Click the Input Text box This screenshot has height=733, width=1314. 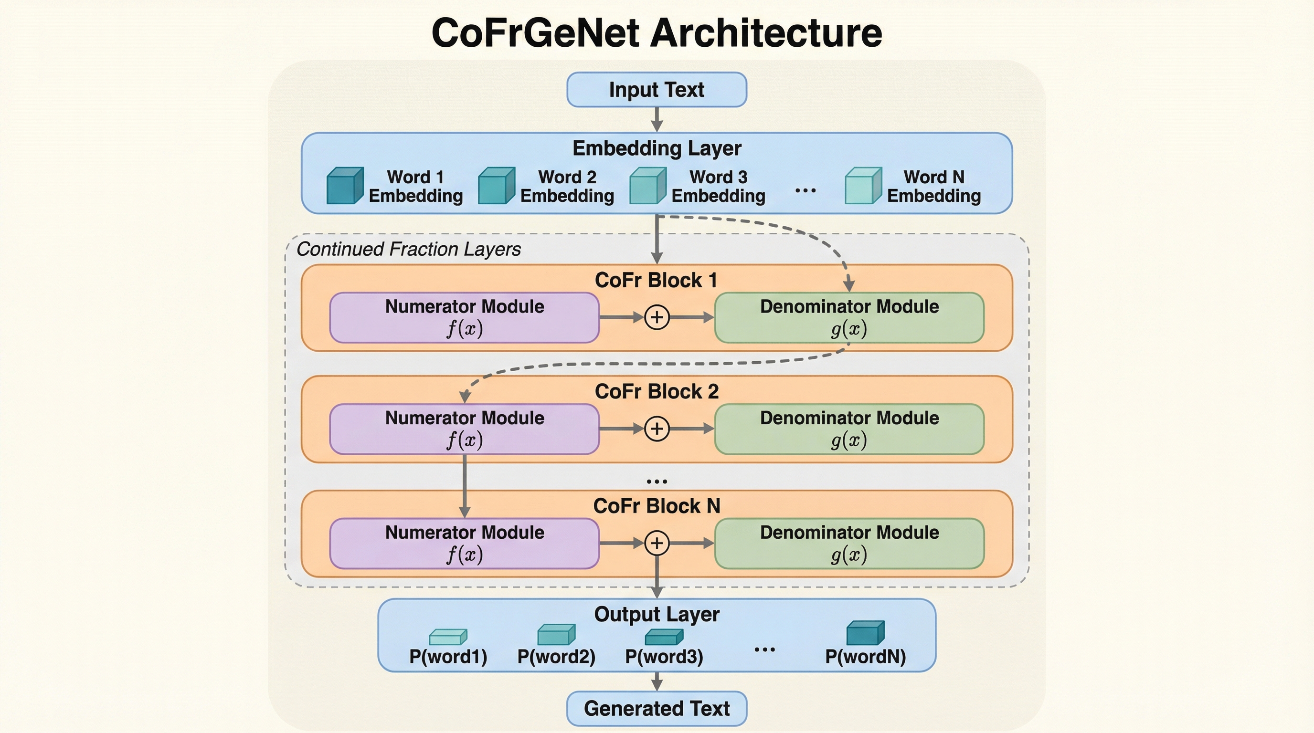pos(657,90)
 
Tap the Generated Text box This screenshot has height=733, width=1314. pos(657,709)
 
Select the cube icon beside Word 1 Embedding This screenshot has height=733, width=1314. pos(345,186)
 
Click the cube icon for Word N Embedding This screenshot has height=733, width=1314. pos(863,186)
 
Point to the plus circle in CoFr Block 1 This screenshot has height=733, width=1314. pos(657,317)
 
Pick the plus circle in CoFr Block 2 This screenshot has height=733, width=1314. pos(657,429)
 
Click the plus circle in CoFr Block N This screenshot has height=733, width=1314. pos(657,543)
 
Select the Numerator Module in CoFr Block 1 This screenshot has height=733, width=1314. pos(464,317)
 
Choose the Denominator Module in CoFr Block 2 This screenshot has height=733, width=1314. pos(849,429)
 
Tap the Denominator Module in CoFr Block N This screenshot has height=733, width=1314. pos(849,544)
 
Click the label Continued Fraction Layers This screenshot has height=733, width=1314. pos(409,249)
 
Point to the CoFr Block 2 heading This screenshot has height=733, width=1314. pos(657,391)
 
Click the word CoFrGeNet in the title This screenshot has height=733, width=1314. pos(535,33)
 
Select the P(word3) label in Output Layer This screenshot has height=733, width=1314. pos(664,657)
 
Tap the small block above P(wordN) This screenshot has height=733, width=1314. pos(865,633)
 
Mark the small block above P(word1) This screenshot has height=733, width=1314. pos(448,637)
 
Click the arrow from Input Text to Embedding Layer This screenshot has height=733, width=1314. pos(657,120)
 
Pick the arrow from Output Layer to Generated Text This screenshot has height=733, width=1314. pos(657,681)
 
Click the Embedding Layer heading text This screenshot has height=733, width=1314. pos(657,148)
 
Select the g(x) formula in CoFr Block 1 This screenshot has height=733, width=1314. pos(849,329)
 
